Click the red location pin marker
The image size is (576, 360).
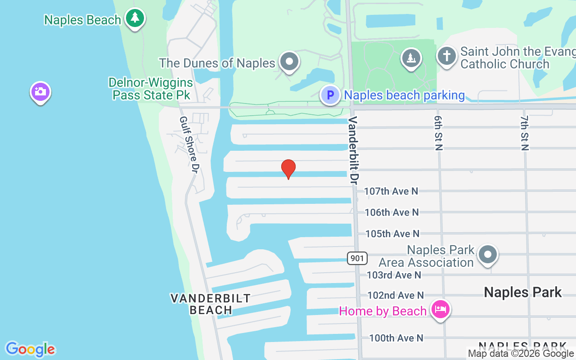point(288,169)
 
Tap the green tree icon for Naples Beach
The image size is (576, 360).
point(135,18)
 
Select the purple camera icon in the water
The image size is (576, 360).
point(40,92)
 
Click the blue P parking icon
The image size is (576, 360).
point(330,95)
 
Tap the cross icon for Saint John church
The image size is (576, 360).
point(446,57)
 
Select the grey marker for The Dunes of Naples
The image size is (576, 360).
point(289,62)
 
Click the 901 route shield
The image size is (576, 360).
point(357,258)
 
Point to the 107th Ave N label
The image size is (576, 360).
point(391,191)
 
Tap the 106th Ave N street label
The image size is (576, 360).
point(391,212)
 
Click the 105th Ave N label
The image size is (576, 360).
point(392,234)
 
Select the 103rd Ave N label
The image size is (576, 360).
point(394,274)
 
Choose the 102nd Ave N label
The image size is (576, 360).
point(396,295)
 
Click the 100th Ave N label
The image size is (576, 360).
point(396,337)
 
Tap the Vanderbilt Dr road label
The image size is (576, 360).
point(353,150)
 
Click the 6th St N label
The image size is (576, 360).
point(439,132)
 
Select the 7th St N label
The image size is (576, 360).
point(524,132)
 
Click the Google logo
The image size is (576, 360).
point(30,349)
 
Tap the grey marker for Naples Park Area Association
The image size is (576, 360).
point(487,255)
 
